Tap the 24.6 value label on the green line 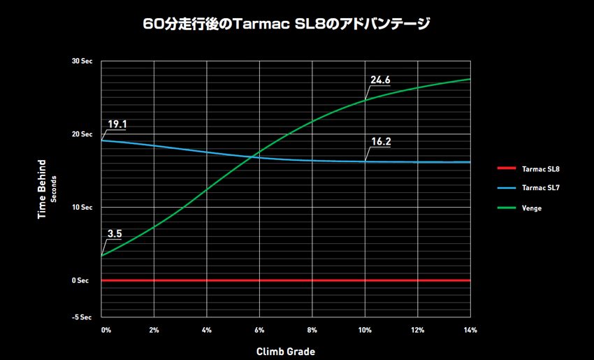pos(380,80)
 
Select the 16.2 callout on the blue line pos(381,141)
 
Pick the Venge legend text pos(532,208)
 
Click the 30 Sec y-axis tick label pos(82,62)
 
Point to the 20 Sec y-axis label pos(82,134)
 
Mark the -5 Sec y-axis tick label pos(82,317)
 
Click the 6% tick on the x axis pos(260,329)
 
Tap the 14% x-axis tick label pos(470,329)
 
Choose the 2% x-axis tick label pos(154,329)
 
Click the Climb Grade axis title pos(287,351)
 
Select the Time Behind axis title pos(43,189)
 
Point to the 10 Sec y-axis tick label pos(82,208)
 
